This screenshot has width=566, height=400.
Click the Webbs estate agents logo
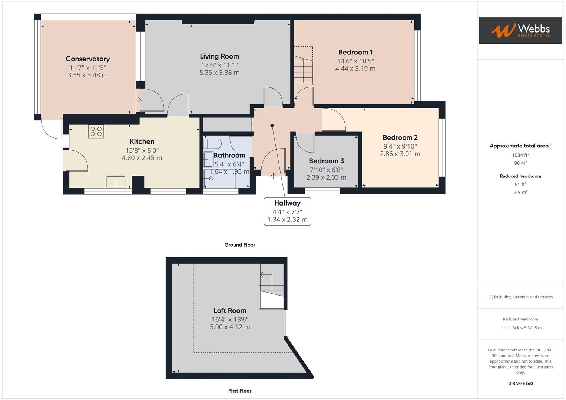520,31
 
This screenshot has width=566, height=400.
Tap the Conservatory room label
87,59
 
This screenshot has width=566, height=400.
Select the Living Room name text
219,56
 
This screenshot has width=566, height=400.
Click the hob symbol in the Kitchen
96,131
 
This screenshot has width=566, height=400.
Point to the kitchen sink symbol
116,182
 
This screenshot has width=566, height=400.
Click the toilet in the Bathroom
213,143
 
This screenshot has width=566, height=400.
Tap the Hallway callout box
287,211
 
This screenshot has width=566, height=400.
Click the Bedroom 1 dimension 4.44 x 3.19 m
355,69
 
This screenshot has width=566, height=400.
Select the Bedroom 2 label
400,137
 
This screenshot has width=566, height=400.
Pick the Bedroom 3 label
326,161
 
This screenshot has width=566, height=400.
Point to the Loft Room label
230,311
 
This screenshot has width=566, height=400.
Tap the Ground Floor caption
240,245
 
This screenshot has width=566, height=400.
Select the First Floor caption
240,391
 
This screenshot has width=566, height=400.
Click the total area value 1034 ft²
520,155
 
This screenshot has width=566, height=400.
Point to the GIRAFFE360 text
520,383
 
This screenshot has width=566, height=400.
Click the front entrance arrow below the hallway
274,176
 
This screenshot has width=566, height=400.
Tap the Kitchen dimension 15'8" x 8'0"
142,150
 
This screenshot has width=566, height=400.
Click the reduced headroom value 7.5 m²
520,192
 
